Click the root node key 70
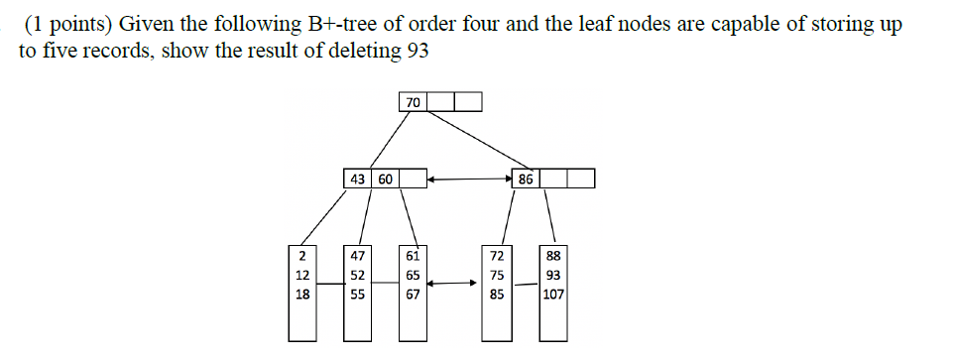tap(413, 101)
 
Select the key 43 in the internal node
tap(355, 180)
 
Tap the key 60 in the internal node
tap(384, 180)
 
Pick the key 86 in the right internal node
tap(527, 180)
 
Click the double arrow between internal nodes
tap(470, 180)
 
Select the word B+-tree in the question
tap(336, 26)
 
